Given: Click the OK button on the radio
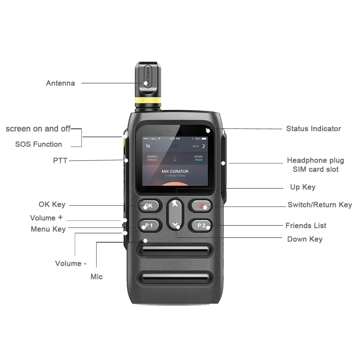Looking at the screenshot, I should point(149,206).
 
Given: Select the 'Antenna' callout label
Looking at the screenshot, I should point(60,83).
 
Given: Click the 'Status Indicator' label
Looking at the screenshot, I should point(313,129).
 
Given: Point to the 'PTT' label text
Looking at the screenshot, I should point(60,161).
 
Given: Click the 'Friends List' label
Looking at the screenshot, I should point(306,226).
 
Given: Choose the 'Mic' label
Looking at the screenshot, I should point(97,277).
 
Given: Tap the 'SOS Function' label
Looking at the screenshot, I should point(39,144).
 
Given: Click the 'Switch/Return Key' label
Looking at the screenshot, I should point(320,205).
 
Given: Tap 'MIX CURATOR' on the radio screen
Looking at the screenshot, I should point(175,171).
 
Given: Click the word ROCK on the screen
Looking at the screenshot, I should point(199,160).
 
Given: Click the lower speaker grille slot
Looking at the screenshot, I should point(177,278).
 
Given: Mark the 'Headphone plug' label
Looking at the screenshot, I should point(316,160).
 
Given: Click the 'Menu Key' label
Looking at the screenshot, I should point(48,229).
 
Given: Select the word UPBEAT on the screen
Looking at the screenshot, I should point(152,160).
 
